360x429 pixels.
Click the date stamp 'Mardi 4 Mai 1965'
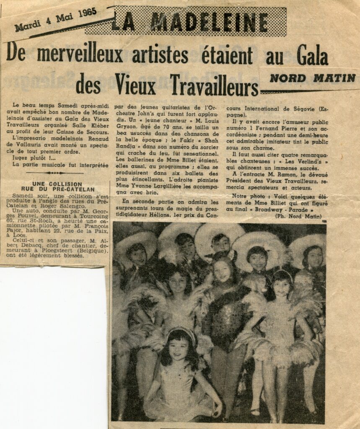(56, 20)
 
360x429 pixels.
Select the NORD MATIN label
(312, 78)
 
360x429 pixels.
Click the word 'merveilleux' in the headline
(80, 55)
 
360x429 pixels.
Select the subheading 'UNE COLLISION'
(57, 184)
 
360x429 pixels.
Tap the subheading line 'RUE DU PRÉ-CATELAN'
(57, 189)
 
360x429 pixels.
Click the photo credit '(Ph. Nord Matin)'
(298, 216)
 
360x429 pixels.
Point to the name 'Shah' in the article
(210, 141)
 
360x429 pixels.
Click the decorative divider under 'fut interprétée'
(54, 173)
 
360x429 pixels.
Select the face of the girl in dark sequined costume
(222, 271)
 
